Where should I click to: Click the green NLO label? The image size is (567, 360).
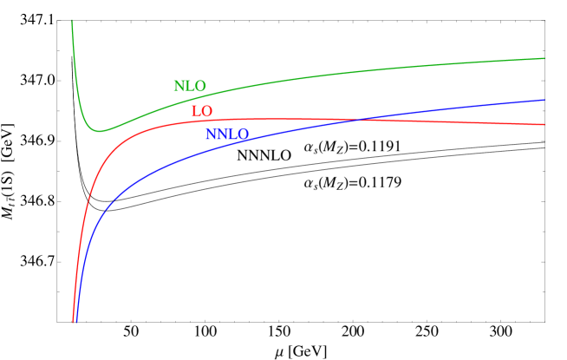190,87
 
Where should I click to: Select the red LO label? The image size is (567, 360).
202,112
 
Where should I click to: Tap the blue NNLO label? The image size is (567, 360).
227,135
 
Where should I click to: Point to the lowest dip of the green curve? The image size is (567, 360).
100,131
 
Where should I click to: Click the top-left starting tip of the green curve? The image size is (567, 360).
72,21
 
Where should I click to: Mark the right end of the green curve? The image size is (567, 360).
544,58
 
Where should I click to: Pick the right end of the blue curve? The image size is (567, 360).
544,100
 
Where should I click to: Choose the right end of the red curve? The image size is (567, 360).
544,124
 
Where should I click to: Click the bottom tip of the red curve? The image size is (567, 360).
73,322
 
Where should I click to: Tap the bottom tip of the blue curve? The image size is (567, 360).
76,322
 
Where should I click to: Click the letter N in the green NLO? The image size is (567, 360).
179,87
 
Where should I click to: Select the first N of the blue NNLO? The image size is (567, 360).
212,135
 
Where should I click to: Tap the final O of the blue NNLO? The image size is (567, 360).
244,135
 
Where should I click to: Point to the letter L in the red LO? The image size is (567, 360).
197,112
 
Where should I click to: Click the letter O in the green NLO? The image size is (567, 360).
200,87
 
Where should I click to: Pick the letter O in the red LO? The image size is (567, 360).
206,112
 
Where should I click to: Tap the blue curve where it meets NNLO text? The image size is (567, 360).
227,141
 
